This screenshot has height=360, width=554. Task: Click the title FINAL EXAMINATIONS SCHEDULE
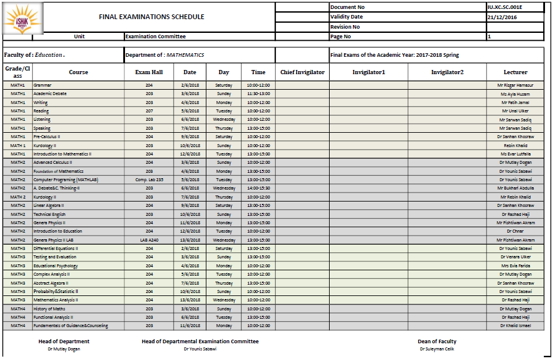pyautogui.click(x=151, y=17)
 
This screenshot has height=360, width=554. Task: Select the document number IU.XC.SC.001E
pyautogui.click(x=506, y=7)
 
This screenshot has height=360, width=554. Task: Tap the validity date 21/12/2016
pyautogui.click(x=502, y=17)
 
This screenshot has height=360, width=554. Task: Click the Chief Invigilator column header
pyautogui.click(x=302, y=72)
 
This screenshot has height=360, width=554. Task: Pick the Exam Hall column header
pyautogui.click(x=149, y=72)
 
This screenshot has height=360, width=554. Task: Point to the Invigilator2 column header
pyautogui.click(x=447, y=72)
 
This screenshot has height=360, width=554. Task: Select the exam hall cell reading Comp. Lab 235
pyautogui.click(x=149, y=180)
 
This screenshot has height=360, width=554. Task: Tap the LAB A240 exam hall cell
pyautogui.click(x=149, y=240)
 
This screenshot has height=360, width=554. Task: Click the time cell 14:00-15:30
pyautogui.click(x=258, y=188)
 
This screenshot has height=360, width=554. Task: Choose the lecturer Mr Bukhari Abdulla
pyautogui.click(x=515, y=188)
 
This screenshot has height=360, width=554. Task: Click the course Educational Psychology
pyautogui.click(x=56, y=266)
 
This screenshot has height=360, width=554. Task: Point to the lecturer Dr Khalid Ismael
pyautogui.click(x=516, y=326)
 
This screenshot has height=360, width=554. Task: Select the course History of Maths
pyautogui.click(x=50, y=309)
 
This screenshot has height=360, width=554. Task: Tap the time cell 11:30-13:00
pyautogui.click(x=258, y=94)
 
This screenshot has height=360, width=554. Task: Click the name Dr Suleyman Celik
pyautogui.click(x=437, y=349)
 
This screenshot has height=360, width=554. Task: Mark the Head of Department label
pyautogui.click(x=63, y=341)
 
